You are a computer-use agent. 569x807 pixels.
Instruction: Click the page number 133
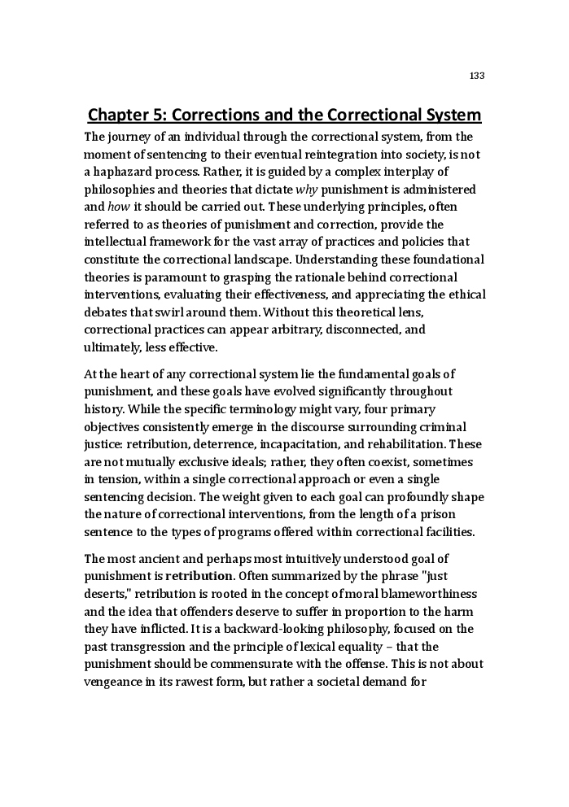pyautogui.click(x=477, y=76)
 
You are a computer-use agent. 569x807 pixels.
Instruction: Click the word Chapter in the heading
pyautogui.click(x=121, y=115)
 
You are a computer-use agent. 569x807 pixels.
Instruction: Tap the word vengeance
pyautogui.click(x=115, y=683)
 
